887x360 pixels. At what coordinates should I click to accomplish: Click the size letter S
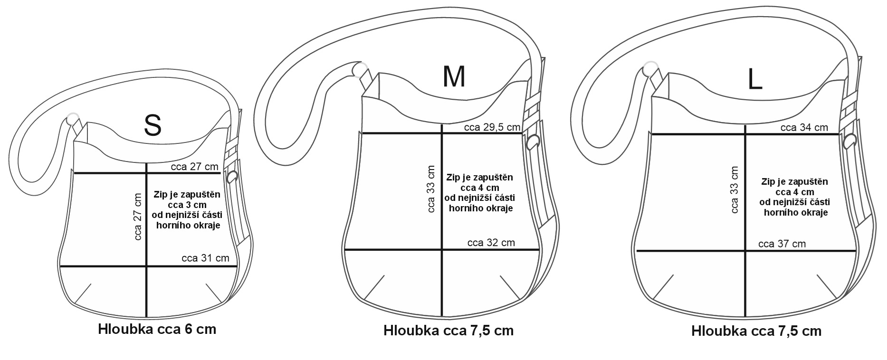coord(153,125)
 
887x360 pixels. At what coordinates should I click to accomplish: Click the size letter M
coord(454,76)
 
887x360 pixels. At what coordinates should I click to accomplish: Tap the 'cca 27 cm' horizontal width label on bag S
coord(195,167)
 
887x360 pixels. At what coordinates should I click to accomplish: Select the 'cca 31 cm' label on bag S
coord(205,258)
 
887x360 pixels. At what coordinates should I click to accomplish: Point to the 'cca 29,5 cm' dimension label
coord(492,127)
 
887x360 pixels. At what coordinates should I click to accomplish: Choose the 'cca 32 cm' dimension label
coord(491,243)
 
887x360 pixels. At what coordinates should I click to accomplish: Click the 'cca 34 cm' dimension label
coord(804,127)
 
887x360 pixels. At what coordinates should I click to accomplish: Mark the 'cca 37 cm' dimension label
coord(782,244)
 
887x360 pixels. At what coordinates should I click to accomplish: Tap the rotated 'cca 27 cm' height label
coord(138,216)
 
